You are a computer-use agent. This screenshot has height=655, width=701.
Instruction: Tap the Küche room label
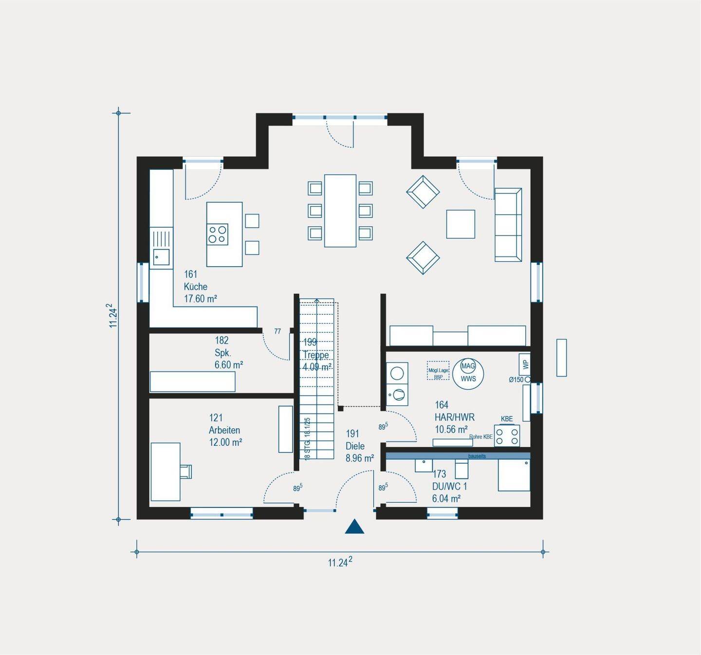coord(196,287)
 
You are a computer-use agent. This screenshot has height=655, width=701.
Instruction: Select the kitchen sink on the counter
coord(161,256)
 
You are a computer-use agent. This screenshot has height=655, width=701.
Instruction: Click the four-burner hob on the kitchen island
coord(217,234)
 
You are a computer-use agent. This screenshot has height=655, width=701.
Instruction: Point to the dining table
coord(340,211)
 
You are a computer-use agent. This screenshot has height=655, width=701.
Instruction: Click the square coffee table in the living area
coord(461,224)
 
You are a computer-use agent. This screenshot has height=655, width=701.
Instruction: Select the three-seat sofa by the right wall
coord(508,225)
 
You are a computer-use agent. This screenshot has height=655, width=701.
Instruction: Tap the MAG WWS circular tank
coord(468,372)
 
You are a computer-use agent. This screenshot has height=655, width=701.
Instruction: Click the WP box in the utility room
coord(524,364)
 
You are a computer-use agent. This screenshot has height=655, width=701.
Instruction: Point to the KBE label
coord(507,419)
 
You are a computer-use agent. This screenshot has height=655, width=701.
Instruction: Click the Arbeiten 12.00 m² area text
coord(225,442)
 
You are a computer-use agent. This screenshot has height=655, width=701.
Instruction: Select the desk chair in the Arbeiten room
coord(185,471)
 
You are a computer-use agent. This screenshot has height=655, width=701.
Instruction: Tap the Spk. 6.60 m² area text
coord(229,364)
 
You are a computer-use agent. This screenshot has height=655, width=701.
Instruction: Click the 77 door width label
coord(277,331)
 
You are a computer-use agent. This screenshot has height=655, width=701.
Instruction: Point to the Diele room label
coord(355,446)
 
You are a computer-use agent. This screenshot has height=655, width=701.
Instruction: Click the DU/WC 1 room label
coord(449,486)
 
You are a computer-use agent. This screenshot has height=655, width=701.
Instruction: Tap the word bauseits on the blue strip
coord(477,456)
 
